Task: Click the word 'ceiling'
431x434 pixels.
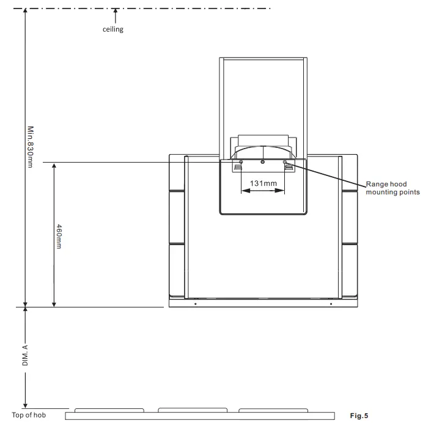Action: click(112, 29)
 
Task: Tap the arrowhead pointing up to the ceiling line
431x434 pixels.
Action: click(115, 12)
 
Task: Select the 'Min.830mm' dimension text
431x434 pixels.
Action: click(30, 147)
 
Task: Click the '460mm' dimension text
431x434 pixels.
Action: click(59, 235)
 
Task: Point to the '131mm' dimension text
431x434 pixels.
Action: click(263, 183)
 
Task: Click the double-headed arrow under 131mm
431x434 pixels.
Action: click(263, 191)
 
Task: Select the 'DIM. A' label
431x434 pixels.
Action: click(25, 355)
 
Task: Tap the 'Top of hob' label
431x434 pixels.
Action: click(29, 416)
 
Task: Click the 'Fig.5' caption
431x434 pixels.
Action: click(359, 416)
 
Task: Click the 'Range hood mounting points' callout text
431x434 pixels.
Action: click(392, 188)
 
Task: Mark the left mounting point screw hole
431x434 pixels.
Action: click(241, 162)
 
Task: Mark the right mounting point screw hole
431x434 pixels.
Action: click(285, 162)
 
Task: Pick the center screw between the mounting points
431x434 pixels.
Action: click(263, 162)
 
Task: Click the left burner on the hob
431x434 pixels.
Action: click(109, 410)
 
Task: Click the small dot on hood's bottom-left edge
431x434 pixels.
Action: click(195, 303)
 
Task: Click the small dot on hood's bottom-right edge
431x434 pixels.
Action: click(331, 303)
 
